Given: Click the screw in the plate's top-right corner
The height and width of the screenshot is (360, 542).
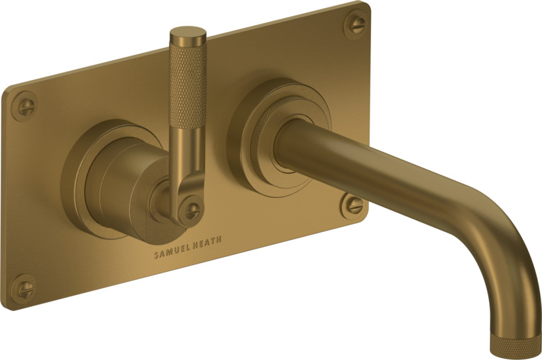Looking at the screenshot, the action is click(356, 24).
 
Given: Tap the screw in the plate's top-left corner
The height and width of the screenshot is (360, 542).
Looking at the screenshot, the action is click(26, 106).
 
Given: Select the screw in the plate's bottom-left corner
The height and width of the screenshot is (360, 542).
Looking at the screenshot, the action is click(24, 289).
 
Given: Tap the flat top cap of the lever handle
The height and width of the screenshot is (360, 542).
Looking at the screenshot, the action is click(188, 34).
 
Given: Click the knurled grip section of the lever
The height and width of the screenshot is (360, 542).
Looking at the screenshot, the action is click(188, 85).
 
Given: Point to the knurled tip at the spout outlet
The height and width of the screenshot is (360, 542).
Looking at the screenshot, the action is click(514, 346).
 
